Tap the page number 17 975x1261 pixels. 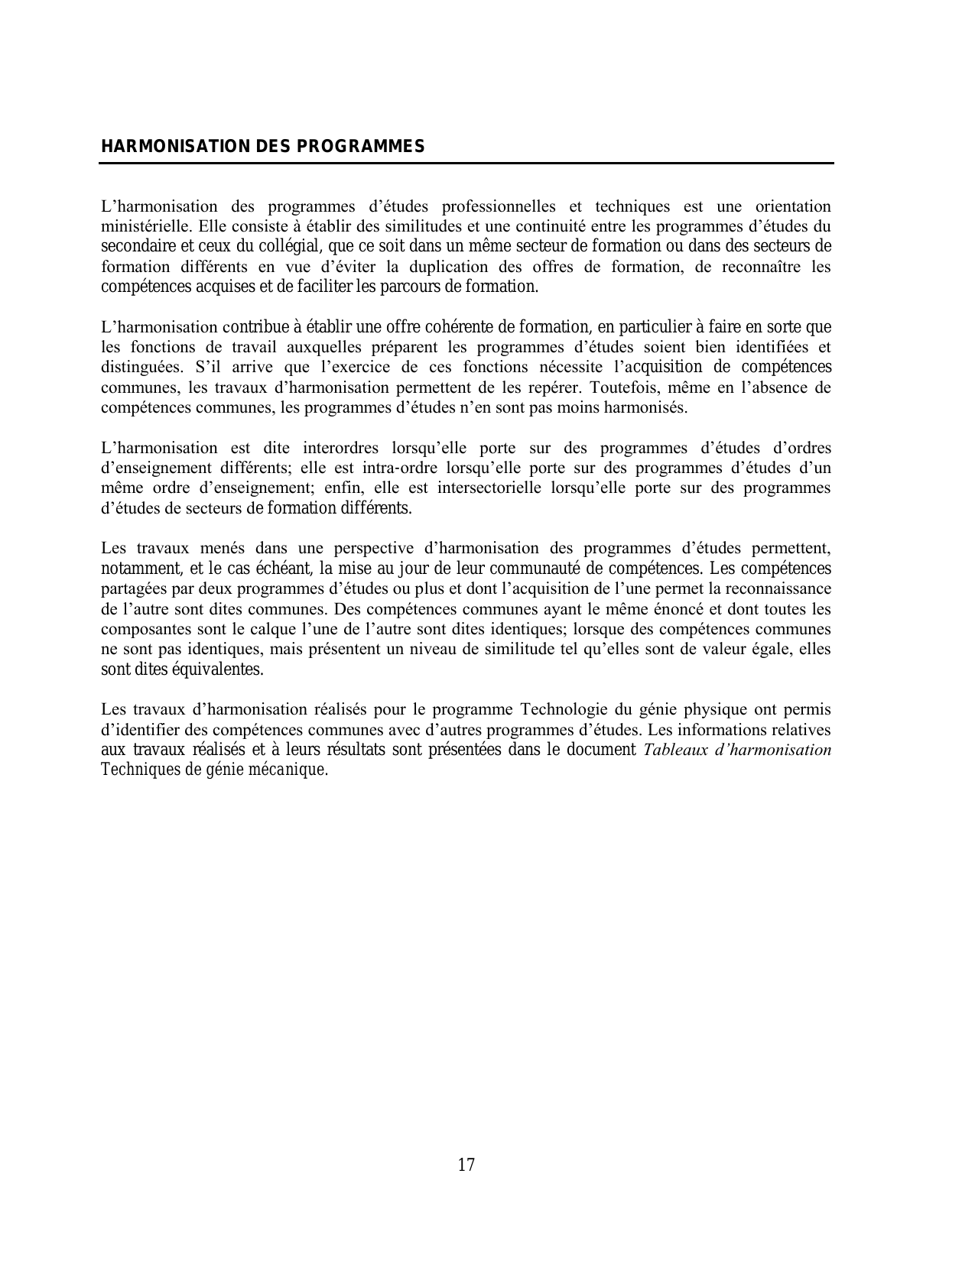tap(466, 1165)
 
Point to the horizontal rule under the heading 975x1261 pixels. tap(466, 163)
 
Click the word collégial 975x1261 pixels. tap(289, 246)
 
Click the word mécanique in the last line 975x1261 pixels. tap(294, 770)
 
